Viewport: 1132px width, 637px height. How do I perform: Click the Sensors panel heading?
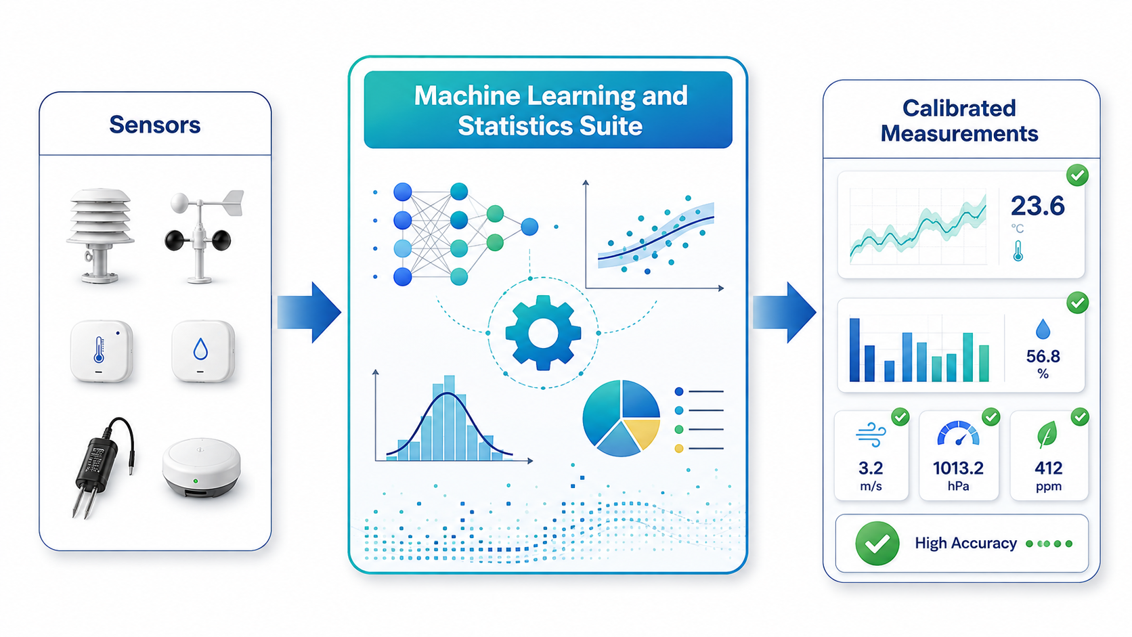pyautogui.click(x=154, y=125)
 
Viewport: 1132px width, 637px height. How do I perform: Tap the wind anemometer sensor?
pyautogui.click(x=202, y=236)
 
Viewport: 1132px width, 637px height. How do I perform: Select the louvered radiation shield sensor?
pyautogui.click(x=101, y=236)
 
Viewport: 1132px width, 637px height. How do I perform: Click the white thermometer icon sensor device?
pyautogui.click(x=102, y=351)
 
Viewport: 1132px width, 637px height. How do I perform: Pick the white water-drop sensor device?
pyautogui.click(x=202, y=351)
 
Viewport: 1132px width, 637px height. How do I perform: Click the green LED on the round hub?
pyautogui.click(x=196, y=481)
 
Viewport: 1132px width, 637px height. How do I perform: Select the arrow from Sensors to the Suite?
pyautogui.click(x=309, y=312)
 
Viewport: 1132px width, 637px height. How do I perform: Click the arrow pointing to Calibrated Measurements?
pyautogui.click(x=784, y=312)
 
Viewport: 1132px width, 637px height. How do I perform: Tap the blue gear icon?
pyautogui.click(x=543, y=333)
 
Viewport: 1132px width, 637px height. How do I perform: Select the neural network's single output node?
pyautogui.click(x=529, y=227)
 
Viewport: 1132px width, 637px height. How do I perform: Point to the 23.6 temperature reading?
pyautogui.click(x=1037, y=206)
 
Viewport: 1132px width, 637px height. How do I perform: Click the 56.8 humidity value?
pyautogui.click(x=1043, y=357)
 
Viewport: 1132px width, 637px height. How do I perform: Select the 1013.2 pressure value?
pyautogui.click(x=958, y=468)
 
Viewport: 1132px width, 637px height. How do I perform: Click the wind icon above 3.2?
pyautogui.click(x=871, y=436)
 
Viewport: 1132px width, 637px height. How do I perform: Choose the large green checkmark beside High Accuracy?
pyautogui.click(x=877, y=544)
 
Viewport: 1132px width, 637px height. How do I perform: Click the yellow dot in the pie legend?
pyautogui.click(x=679, y=449)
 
